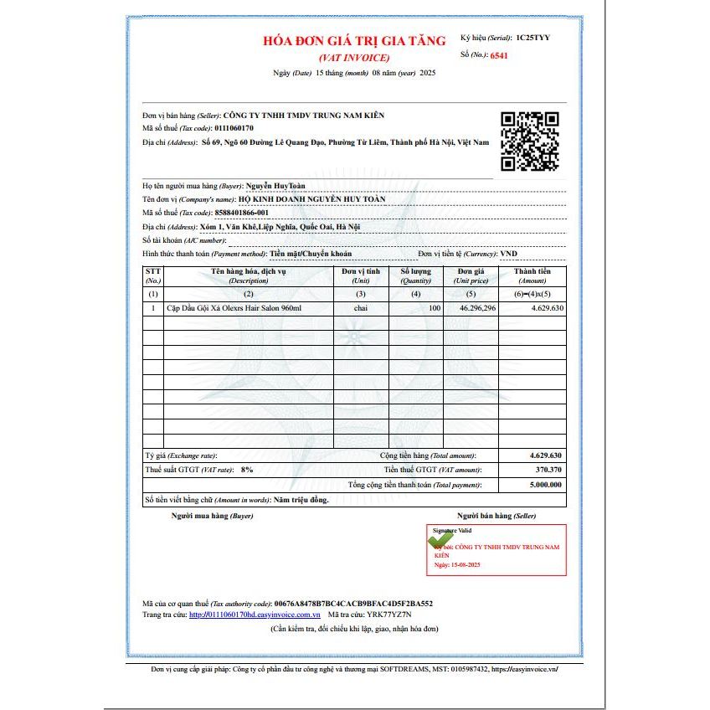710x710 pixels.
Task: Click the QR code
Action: (x=529, y=141)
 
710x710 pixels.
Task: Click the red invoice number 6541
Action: (x=499, y=55)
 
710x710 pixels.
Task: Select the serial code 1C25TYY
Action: (x=533, y=38)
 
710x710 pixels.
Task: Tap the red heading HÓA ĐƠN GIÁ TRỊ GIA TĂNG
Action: (x=353, y=41)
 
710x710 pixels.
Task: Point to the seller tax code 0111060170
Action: (x=234, y=128)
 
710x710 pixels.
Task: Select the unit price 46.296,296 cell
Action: (x=477, y=308)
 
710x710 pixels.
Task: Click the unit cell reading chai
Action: (x=361, y=308)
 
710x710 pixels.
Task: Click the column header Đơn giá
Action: (x=471, y=272)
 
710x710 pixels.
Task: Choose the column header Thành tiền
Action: (x=532, y=272)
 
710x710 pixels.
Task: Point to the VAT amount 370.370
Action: (x=545, y=470)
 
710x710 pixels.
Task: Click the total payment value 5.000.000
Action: (x=544, y=485)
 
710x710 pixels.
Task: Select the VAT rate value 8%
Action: (x=247, y=470)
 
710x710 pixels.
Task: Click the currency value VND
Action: (x=509, y=253)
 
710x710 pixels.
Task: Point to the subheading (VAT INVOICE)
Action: (x=353, y=57)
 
